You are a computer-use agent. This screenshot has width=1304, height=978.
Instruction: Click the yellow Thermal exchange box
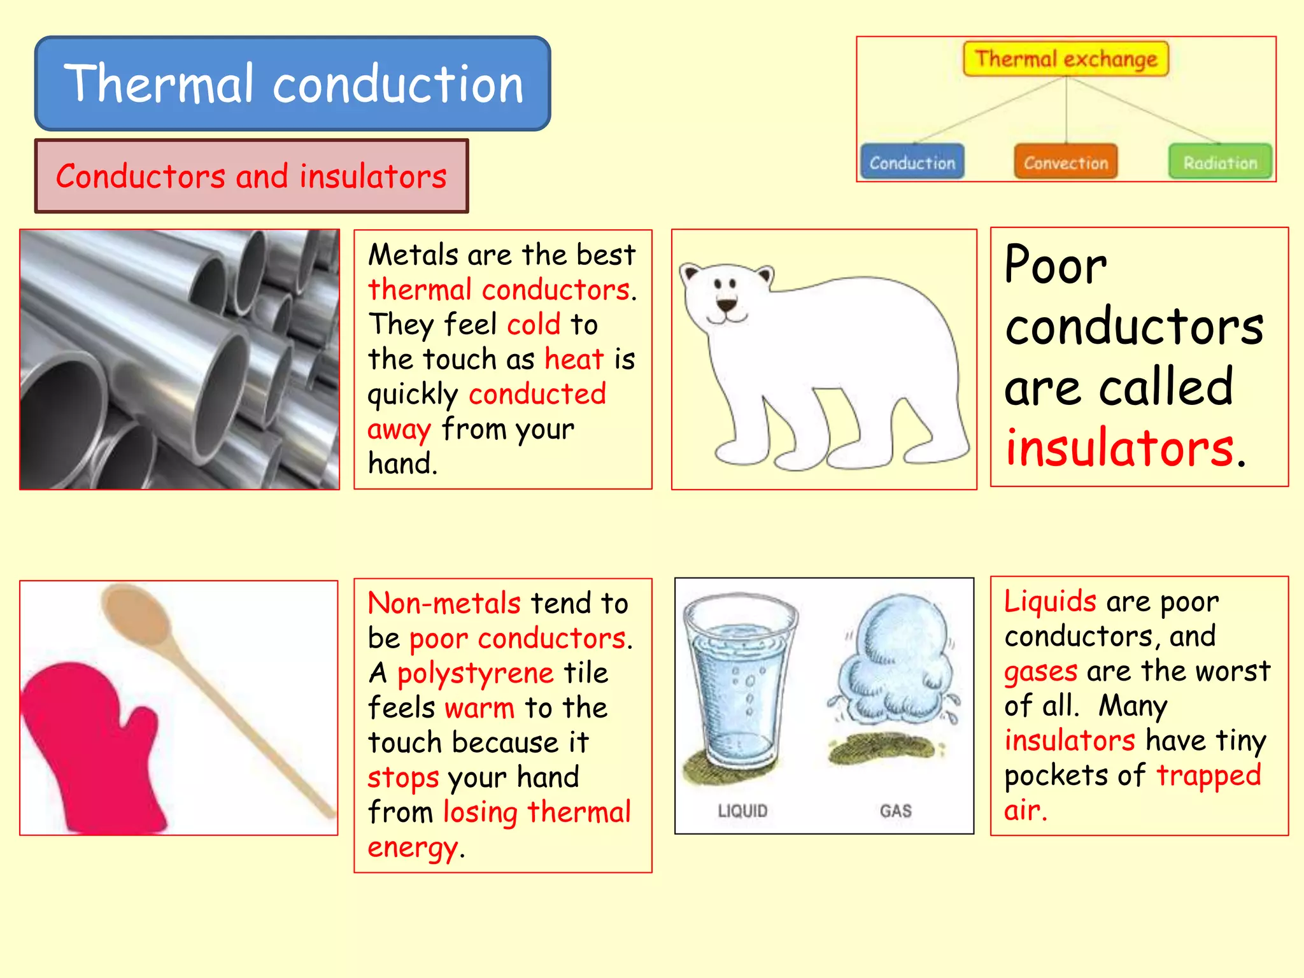(x=1066, y=59)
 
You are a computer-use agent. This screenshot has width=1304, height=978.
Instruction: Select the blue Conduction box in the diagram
(x=912, y=162)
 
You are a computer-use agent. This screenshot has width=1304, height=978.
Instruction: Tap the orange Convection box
(x=1066, y=162)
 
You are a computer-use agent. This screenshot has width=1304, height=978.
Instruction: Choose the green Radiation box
(x=1220, y=162)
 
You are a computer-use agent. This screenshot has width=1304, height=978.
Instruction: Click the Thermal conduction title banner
(x=293, y=83)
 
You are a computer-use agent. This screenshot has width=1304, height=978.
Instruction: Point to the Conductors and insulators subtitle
(x=252, y=176)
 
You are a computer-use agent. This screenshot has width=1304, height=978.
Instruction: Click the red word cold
(x=534, y=324)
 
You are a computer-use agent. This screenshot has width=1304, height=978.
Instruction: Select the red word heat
(x=574, y=359)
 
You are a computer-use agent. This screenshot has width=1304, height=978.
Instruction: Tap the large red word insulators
(x=1119, y=448)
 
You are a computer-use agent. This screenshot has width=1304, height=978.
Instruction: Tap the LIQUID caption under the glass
(x=742, y=811)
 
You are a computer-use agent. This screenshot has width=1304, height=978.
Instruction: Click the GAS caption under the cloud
(x=895, y=811)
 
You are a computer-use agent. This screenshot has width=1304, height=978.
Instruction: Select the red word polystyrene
(x=475, y=673)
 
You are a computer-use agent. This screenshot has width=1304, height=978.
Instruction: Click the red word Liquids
(x=1050, y=601)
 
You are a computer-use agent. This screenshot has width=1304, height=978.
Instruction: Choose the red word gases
(x=1040, y=671)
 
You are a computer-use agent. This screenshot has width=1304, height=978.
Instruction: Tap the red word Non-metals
(x=444, y=603)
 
